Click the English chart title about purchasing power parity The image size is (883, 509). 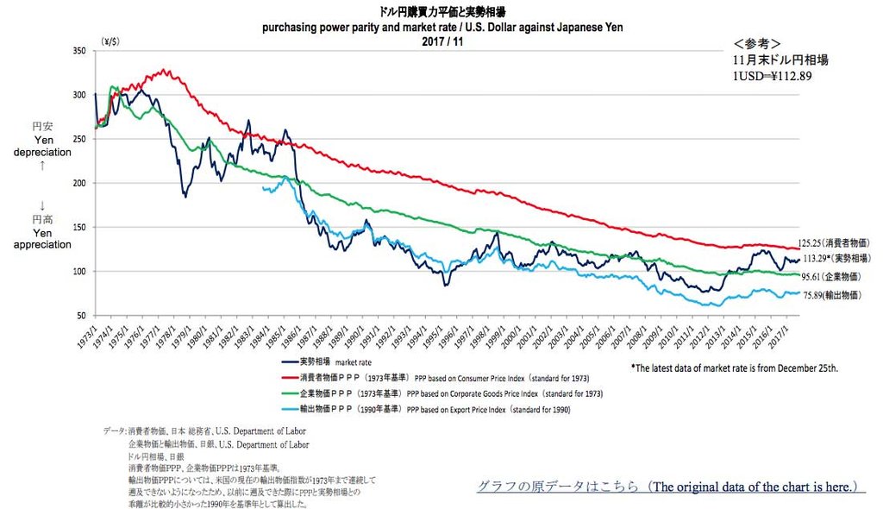(442, 27)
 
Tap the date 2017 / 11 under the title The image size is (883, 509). (441, 40)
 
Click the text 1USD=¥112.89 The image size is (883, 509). (772, 75)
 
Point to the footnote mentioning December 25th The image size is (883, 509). (734, 368)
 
